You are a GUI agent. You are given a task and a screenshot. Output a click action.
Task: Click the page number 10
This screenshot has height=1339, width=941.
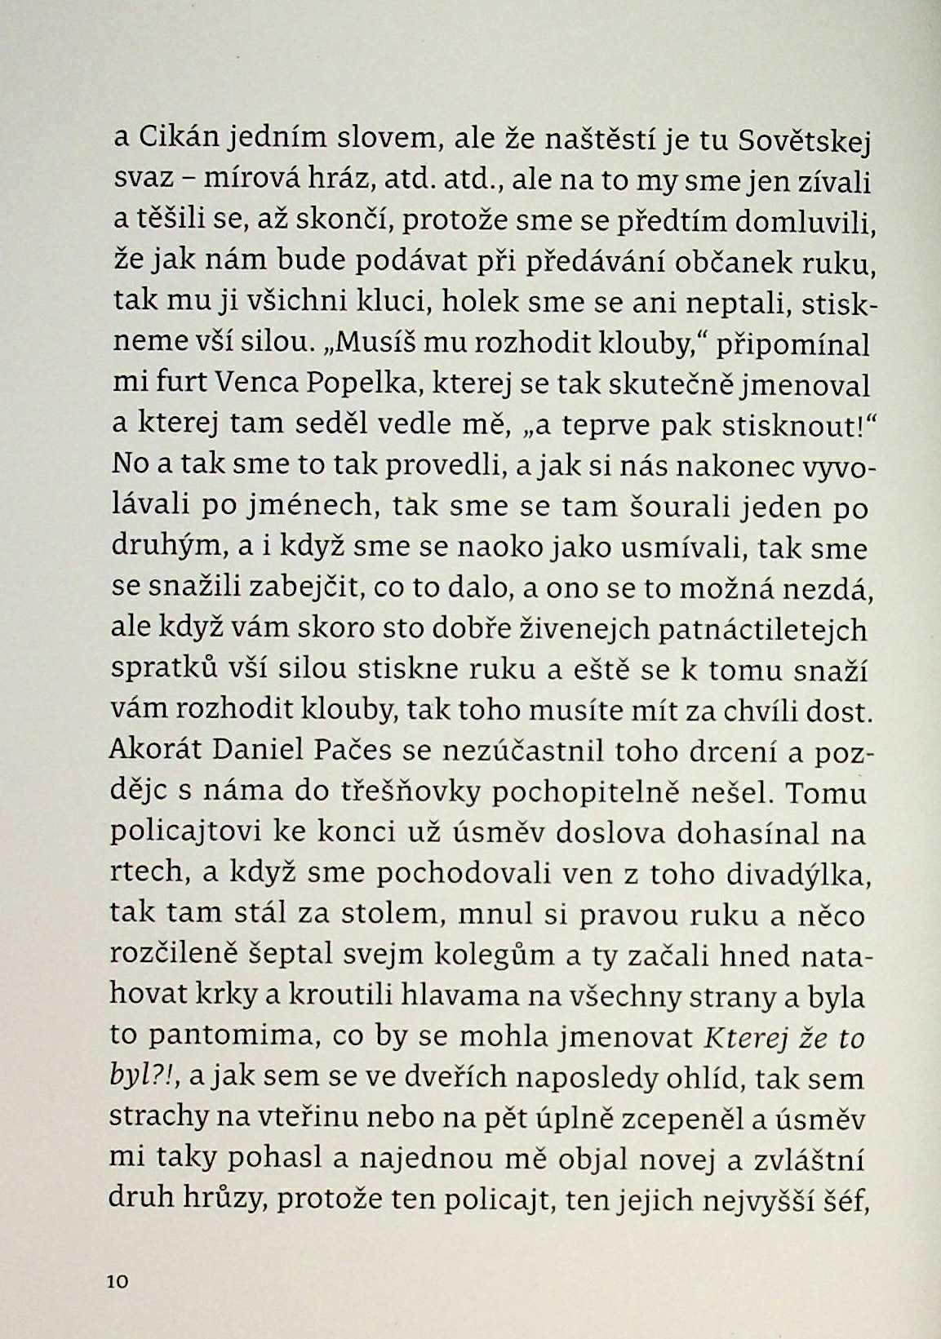[x=118, y=1282]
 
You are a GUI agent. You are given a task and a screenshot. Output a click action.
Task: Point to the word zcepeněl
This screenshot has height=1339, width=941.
[x=682, y=1120]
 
